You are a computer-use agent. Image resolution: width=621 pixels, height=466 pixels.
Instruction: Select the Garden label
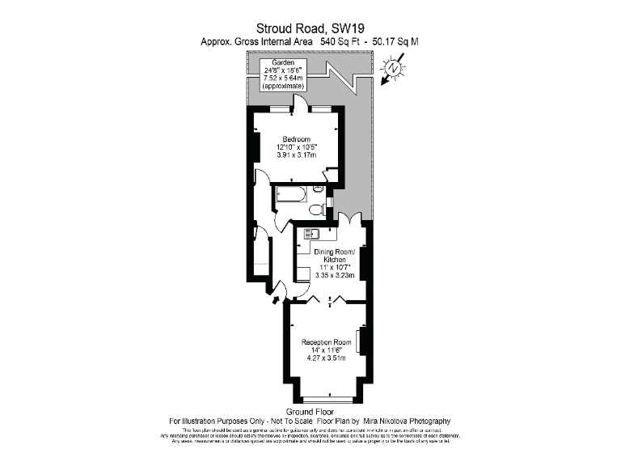pyautogui.click(x=283, y=61)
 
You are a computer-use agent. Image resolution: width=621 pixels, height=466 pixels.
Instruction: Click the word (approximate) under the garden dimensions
pyautogui.click(x=284, y=86)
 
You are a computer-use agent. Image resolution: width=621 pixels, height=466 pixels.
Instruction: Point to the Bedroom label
pyautogui.click(x=296, y=138)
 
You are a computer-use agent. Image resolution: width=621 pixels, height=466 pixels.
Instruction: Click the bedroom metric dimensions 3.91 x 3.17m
pyautogui.click(x=296, y=155)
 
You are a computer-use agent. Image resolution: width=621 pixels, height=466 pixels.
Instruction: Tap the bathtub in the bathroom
pyautogui.click(x=289, y=196)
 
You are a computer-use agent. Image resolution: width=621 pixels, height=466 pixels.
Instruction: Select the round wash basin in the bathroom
pyautogui.click(x=319, y=189)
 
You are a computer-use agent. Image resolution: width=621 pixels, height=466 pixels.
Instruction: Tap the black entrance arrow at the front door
pyautogui.click(x=276, y=300)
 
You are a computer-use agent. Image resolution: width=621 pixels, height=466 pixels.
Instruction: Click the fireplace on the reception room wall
pyautogui.click(x=359, y=341)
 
